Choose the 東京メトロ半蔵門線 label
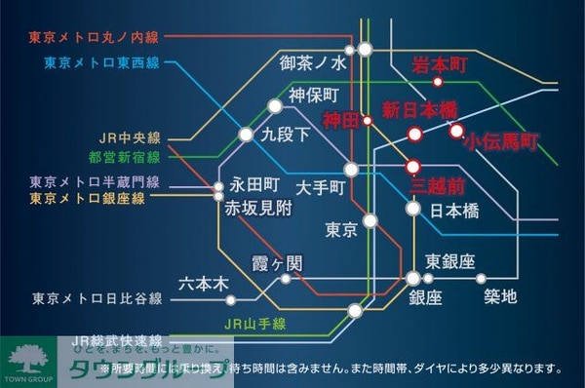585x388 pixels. point(95,181)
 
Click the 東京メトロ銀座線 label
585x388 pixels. point(88,198)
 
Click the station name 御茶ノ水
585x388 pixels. point(313,63)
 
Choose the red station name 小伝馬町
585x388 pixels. point(501,142)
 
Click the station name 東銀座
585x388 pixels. point(449,261)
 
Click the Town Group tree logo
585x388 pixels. point(28,355)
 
